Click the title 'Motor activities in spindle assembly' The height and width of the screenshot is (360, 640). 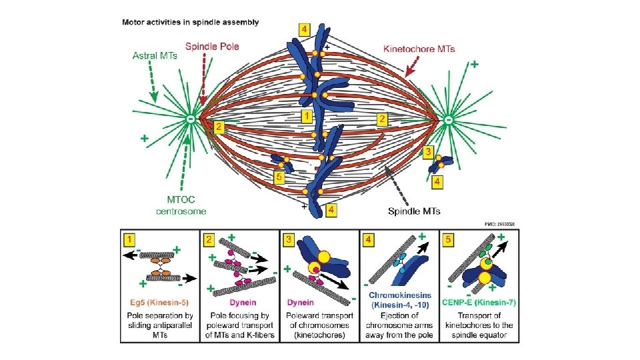coord(190,22)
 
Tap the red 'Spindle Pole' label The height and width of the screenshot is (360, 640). coord(212,47)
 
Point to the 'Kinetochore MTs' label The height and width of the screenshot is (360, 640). coord(419,48)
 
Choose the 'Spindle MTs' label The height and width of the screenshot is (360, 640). coord(414,211)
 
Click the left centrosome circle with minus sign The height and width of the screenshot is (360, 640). coord(191,119)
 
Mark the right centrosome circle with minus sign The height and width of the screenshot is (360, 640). coord(449,119)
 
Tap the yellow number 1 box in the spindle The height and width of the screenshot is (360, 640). coord(306,117)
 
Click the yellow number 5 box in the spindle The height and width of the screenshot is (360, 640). coord(279,178)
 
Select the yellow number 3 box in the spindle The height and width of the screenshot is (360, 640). coord(428,151)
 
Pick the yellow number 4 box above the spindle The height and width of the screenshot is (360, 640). coord(304,31)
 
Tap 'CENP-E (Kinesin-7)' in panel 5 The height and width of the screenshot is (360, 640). coord(479,302)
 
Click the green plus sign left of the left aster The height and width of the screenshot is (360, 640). coord(144,139)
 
